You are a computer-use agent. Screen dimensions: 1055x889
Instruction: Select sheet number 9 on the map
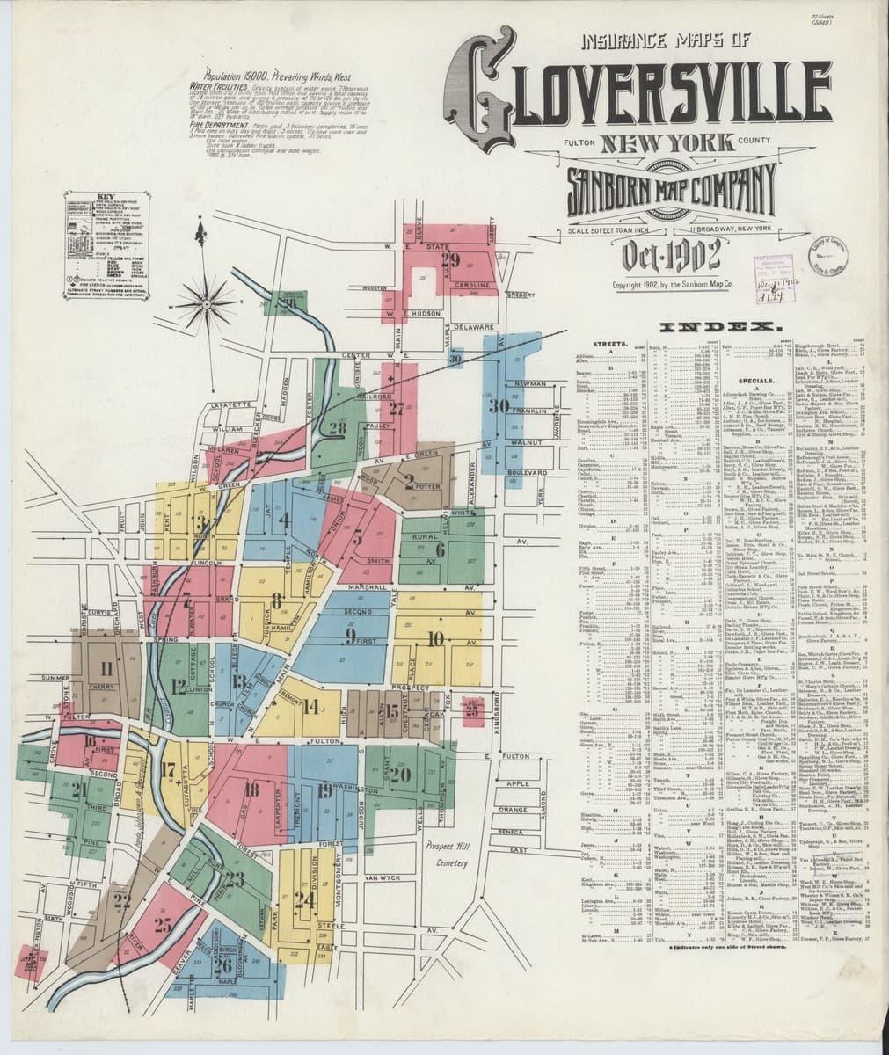pos(350,635)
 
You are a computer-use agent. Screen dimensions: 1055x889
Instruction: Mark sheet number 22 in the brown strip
pos(121,899)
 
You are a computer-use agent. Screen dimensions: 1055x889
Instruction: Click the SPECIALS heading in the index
pos(744,380)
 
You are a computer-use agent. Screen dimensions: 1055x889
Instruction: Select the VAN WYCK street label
pos(382,877)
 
